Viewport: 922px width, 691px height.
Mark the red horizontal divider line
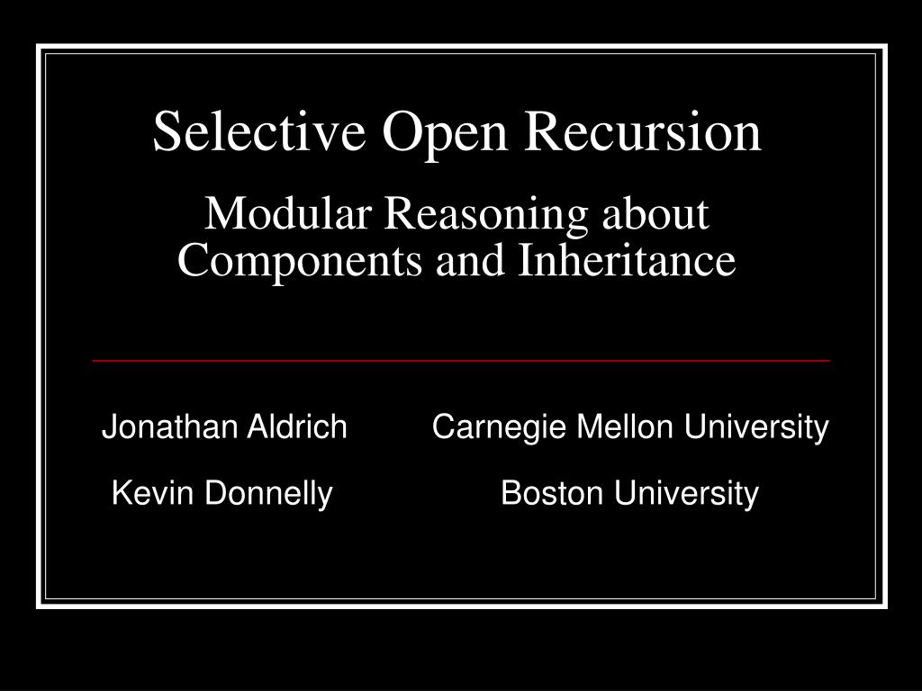(460, 360)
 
